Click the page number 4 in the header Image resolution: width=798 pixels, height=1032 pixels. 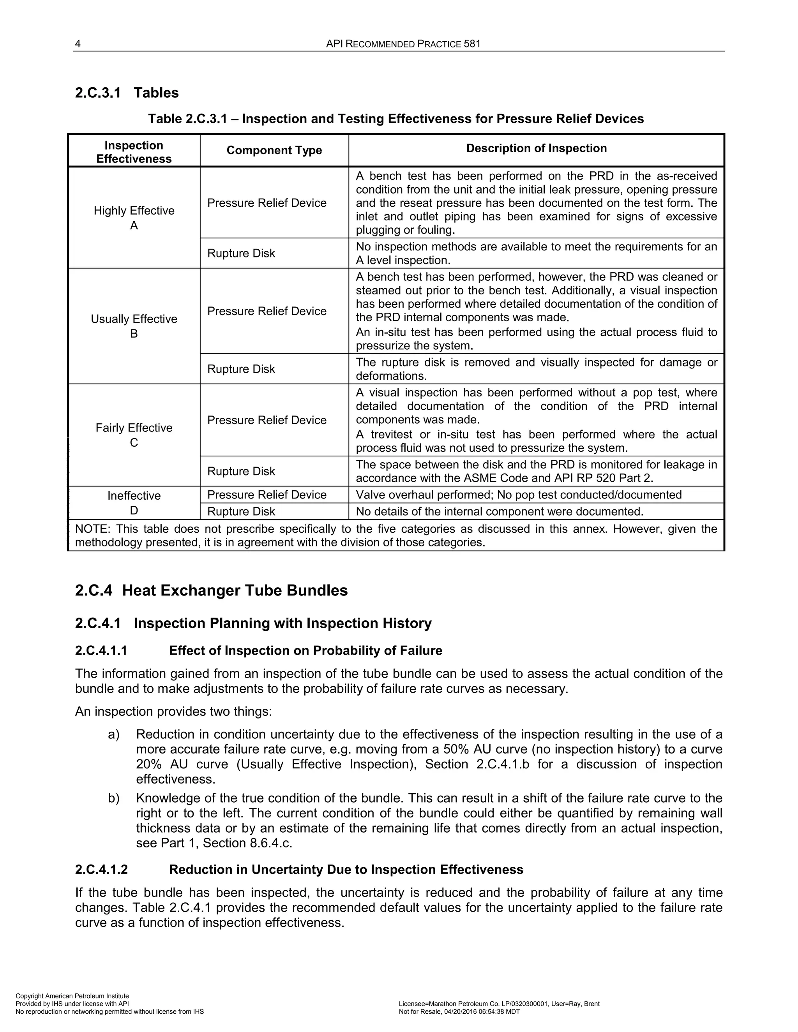(78, 44)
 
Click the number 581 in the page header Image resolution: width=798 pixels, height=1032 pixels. (472, 44)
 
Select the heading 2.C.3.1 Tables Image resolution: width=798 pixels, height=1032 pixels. (127, 93)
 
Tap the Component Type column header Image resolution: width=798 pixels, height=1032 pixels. (274, 150)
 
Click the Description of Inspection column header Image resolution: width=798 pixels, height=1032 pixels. (536, 148)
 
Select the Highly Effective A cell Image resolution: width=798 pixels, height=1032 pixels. (134, 218)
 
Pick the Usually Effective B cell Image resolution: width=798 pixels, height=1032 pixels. (134, 326)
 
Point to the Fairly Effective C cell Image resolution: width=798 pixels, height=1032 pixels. (134, 435)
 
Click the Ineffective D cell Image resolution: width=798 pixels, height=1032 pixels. (134, 503)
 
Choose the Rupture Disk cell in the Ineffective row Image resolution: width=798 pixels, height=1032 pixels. (241, 511)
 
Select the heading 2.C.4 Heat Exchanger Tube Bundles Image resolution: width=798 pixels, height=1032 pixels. (211, 591)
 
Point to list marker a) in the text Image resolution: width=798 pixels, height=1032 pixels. (113, 734)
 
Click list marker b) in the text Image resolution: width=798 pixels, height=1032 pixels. (113, 798)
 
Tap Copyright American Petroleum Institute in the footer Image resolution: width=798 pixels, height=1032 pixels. (72, 996)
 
